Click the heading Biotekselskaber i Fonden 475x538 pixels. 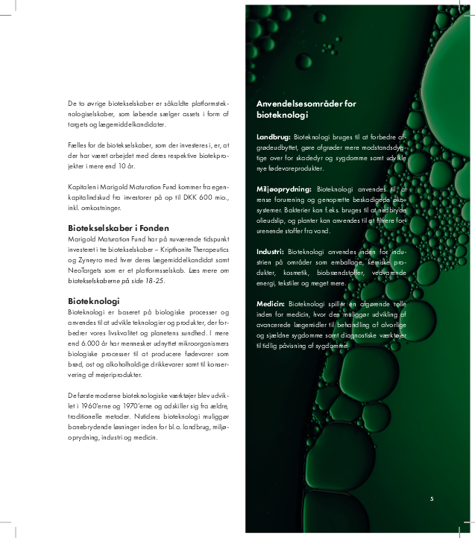click(119, 228)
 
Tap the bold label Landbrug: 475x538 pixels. click(273, 138)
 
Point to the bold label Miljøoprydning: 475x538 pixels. click(283, 189)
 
